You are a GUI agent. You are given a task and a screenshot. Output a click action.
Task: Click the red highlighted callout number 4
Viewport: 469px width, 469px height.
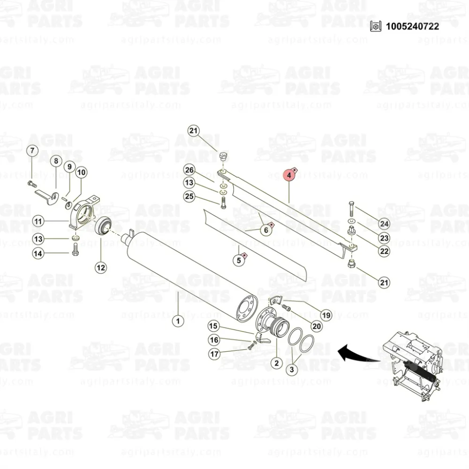point(289,175)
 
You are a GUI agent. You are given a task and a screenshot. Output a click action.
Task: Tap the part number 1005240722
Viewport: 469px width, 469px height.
point(412,26)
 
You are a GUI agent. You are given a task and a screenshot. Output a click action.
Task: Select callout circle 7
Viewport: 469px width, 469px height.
point(32,151)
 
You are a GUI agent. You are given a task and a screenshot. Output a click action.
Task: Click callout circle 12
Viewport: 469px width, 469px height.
point(101,267)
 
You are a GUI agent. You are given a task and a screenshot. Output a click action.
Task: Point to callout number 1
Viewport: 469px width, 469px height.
point(178,321)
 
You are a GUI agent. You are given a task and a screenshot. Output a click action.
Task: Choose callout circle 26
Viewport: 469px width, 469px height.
point(189,170)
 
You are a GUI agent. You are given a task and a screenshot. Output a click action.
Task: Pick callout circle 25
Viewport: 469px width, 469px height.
point(189,197)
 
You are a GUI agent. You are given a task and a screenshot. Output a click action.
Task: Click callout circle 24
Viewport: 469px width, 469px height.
point(384,224)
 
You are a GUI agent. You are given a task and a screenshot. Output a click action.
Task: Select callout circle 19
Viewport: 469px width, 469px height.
point(326,315)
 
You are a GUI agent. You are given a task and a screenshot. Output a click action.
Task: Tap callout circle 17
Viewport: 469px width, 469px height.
point(214,354)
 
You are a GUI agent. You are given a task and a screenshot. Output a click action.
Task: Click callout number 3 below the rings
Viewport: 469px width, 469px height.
point(292,370)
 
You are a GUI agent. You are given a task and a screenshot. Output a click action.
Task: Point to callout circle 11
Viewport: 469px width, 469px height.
point(38,221)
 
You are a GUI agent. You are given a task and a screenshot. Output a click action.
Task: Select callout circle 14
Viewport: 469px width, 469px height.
point(38,254)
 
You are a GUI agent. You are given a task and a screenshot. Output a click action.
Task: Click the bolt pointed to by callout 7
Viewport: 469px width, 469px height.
point(32,184)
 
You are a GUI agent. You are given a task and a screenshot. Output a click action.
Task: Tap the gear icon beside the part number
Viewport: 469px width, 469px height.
point(376,26)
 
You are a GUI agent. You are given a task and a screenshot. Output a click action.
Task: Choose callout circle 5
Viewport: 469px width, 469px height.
point(239,260)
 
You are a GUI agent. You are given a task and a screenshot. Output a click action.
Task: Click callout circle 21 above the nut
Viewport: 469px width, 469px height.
point(194,131)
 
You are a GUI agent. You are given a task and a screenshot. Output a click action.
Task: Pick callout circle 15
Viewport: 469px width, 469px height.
point(213,326)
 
